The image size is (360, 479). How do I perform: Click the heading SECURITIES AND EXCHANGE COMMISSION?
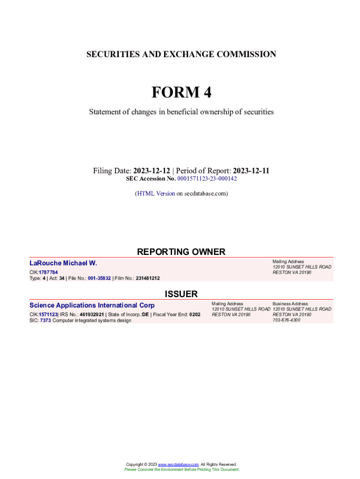(181, 54)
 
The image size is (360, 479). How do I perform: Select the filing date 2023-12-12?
(151, 171)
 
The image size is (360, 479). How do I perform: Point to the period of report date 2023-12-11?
(251, 171)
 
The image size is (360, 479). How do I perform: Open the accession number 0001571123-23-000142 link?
(207, 179)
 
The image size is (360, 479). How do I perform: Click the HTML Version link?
(156, 193)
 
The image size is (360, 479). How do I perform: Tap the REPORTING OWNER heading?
(181, 252)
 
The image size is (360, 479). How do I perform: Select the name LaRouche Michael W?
(63, 263)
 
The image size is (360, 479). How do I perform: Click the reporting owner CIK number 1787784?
(49, 272)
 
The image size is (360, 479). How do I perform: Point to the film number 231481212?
(148, 278)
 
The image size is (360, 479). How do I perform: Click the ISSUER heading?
(181, 294)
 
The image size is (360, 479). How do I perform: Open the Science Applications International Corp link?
(92, 305)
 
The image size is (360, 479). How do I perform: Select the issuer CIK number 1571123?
(48, 314)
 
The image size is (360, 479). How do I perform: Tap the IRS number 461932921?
(92, 314)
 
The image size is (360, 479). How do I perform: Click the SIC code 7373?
(45, 320)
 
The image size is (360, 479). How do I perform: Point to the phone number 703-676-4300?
(286, 320)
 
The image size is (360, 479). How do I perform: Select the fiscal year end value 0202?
(194, 314)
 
